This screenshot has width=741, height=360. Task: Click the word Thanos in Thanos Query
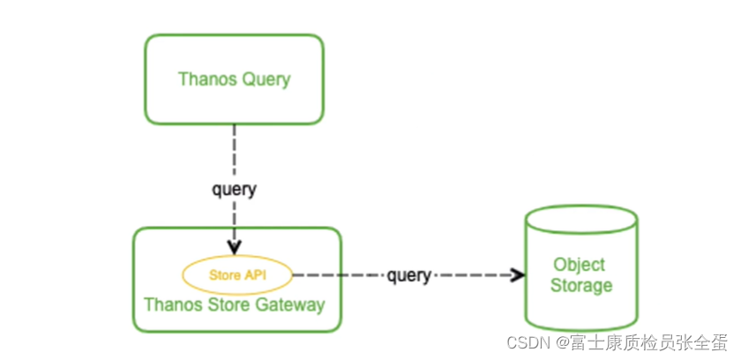click(205, 79)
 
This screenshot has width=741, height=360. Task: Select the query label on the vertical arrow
click(234, 189)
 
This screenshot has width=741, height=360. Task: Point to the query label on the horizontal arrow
click(408, 276)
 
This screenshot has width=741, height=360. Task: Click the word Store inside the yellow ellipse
click(224, 275)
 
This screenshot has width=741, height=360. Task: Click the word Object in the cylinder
click(580, 265)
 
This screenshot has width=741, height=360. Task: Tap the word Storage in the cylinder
click(580, 285)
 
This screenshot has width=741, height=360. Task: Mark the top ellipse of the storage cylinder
click(580, 218)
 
